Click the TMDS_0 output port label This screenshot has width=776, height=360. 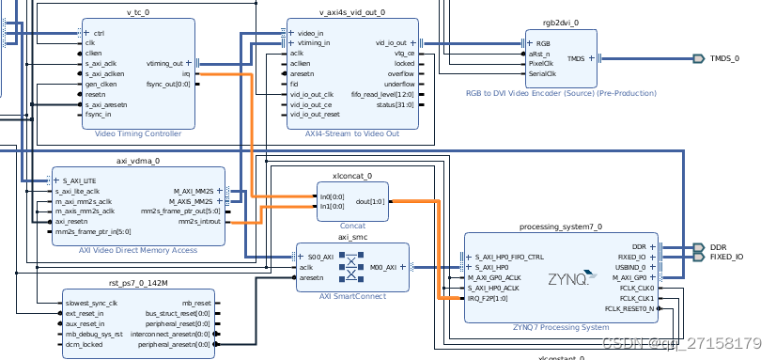724,58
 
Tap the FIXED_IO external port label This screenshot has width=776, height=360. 726,256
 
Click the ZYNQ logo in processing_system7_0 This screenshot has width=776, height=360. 567,279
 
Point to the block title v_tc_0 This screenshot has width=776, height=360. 138,12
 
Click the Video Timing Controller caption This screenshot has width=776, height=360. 138,134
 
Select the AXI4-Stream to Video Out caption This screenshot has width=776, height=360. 352,134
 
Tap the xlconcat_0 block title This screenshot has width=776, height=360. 352,175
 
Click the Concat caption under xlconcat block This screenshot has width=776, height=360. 352,226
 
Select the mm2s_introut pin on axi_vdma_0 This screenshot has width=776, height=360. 193,222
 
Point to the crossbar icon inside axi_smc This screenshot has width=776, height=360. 352,267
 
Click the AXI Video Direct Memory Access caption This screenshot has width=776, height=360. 138,250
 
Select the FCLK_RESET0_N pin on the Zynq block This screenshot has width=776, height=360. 629,308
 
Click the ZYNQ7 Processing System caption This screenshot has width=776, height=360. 561,326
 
